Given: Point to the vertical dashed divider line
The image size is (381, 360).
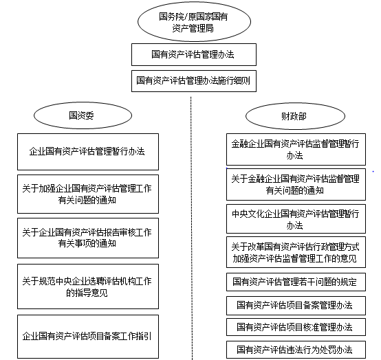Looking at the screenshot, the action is point(191,228).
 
